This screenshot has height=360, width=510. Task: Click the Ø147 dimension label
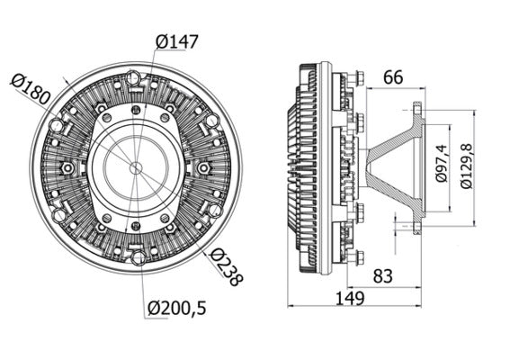(x=176, y=41)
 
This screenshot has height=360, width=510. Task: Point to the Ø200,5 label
(x=176, y=308)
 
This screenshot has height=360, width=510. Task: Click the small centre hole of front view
(x=135, y=167)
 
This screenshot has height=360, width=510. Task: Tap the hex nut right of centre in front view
(x=203, y=168)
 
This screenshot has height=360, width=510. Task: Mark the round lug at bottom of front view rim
(x=138, y=257)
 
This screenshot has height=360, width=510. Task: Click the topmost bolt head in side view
(x=358, y=78)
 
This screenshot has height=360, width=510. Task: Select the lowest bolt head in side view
(x=358, y=257)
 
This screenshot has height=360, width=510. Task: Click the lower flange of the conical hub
(x=417, y=221)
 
